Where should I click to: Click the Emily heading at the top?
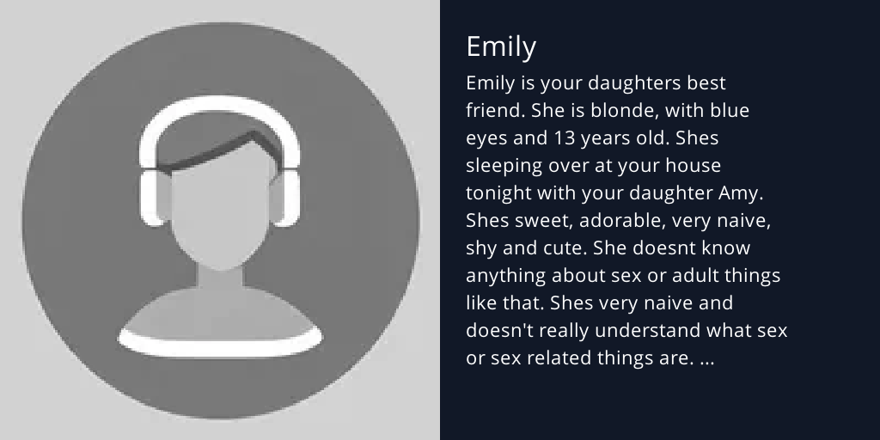pyautogui.click(x=500, y=46)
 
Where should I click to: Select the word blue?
pyautogui.click(x=729, y=111)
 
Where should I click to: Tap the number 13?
pyautogui.click(x=563, y=138)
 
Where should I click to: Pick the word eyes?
pyautogui.click(x=486, y=138)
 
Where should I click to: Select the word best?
pyautogui.click(x=706, y=83)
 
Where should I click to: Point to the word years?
pyautogui.click(x=610, y=138)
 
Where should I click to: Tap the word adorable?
pyautogui.click(x=620, y=221)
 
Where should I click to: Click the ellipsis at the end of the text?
pyautogui.click(x=706, y=359)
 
